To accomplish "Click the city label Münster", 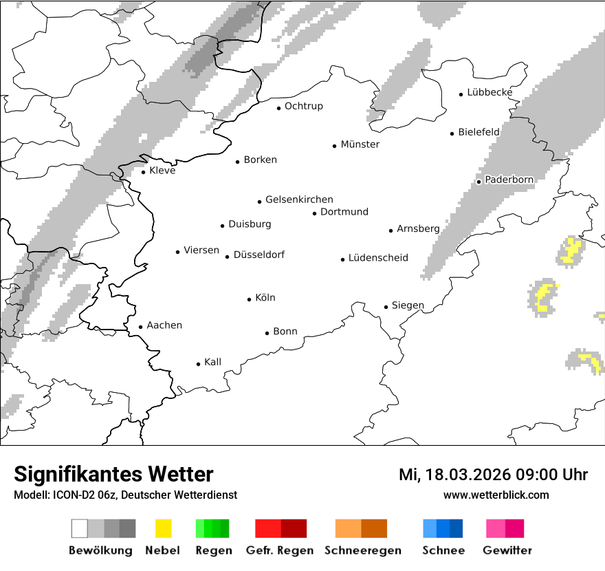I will [x=360, y=144].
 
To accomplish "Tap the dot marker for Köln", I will [x=250, y=299].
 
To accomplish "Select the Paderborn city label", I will [x=509, y=180].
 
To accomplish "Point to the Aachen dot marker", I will [x=140, y=327].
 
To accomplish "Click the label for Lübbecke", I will [x=489, y=93].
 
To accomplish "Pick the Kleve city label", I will [x=162, y=171].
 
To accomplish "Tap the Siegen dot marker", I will [x=386, y=307].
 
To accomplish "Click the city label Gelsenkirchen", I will [x=299, y=200].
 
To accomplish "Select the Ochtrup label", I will [x=303, y=106].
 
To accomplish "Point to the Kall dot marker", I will [x=199, y=364].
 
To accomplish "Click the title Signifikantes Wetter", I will [x=113, y=475].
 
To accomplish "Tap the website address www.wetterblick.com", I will [x=496, y=495].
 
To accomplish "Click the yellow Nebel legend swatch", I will [x=164, y=528].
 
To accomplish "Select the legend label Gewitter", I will [x=507, y=550].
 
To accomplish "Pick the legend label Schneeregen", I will [x=362, y=550].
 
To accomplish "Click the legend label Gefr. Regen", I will [x=279, y=550].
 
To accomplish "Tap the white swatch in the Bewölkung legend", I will [x=79, y=528].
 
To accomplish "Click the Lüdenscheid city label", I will [x=378, y=258].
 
